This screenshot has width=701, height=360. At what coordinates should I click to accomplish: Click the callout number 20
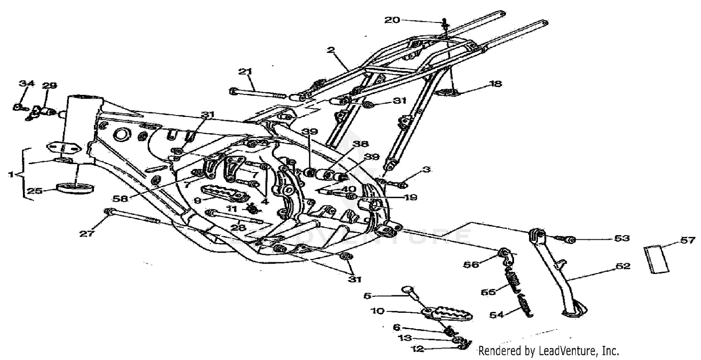point(393,20)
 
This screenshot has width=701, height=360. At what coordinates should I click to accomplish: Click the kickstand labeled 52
point(558,276)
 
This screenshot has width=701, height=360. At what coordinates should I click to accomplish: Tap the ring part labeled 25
point(75,188)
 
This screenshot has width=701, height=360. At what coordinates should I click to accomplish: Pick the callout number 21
point(245,72)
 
